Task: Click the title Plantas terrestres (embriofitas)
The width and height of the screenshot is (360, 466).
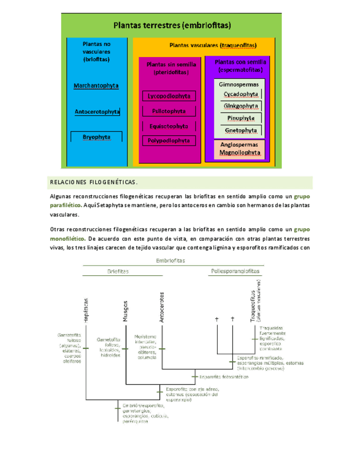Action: tap(172, 25)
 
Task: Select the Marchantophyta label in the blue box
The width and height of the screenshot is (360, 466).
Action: tap(96, 86)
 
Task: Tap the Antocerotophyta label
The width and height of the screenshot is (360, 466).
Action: tap(97, 112)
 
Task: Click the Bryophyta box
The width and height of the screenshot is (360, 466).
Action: tap(96, 136)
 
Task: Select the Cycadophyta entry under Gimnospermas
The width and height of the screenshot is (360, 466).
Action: tap(240, 94)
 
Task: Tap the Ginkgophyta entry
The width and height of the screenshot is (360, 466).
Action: tap(240, 106)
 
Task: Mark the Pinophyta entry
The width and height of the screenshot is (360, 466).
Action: tap(240, 118)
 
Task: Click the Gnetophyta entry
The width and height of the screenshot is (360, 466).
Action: tap(240, 130)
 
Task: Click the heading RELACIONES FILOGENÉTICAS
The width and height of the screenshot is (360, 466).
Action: tap(93, 182)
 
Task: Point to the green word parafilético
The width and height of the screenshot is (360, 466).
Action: tap(65, 205)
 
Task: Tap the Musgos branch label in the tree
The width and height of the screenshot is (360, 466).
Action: tap(125, 310)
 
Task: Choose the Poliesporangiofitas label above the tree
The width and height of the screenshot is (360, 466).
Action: tap(236, 271)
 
